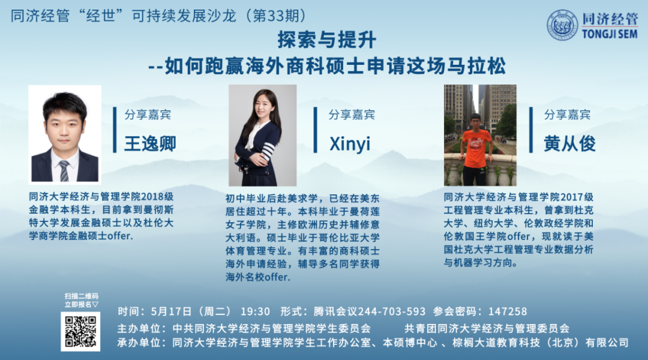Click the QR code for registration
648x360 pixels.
coord(80,331)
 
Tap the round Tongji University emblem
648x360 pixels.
coord(562,25)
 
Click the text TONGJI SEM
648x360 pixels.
coord(610,34)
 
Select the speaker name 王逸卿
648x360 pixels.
coord(150,144)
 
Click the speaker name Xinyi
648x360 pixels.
coord(350,144)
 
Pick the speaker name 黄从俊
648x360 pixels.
coord(569,144)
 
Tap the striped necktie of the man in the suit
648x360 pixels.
coord(64,171)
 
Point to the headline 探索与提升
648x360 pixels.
coord(326,40)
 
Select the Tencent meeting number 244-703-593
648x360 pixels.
coord(391,311)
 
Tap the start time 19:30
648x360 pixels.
coord(255,311)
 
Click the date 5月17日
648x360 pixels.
coord(171,311)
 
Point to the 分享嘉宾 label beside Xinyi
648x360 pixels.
coord(351,115)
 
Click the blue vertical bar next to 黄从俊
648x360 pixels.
coord(531,130)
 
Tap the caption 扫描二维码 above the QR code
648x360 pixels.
coord(82,296)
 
